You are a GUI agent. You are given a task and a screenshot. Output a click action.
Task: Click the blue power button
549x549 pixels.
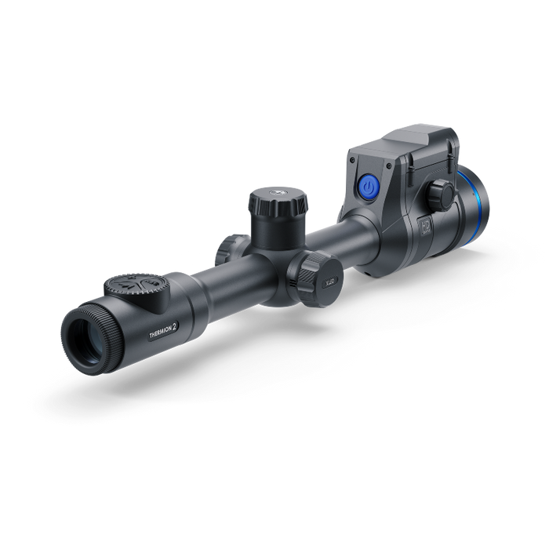coord(368,187)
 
